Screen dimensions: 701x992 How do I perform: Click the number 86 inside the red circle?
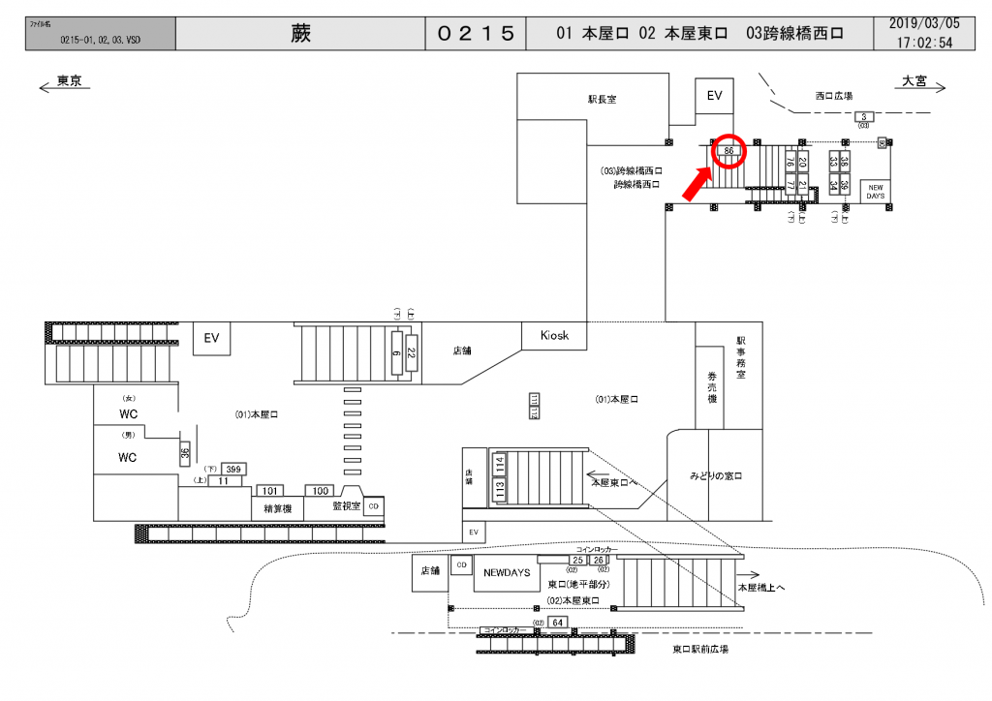[729, 151]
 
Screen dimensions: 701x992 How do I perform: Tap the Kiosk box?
[547, 336]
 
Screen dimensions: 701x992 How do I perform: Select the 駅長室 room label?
[602, 99]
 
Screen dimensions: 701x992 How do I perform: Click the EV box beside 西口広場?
[715, 96]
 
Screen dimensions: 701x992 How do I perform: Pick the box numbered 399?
[232, 469]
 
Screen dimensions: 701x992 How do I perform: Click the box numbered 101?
[270, 491]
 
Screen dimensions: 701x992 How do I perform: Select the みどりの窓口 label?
[716, 475]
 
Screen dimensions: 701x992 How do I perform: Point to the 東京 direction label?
[69, 81]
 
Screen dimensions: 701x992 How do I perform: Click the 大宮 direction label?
[914, 81]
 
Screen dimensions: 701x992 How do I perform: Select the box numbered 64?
[557, 622]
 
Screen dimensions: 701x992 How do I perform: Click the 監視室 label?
[346, 505]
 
